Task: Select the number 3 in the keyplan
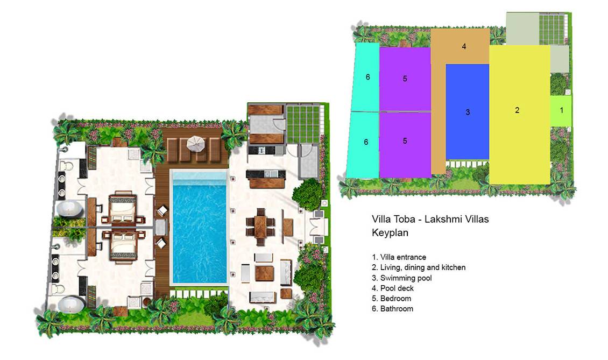468,112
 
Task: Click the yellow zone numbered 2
520,115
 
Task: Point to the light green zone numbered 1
561,110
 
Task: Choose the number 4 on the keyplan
464,47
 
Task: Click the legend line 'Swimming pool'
402,278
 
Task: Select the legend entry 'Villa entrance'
399,257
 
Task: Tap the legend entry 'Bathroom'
392,309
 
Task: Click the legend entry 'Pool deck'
393,288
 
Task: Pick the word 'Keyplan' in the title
390,233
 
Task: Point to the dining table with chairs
260,227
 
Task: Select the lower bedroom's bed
123,245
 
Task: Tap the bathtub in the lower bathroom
70,303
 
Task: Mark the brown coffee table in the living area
264,273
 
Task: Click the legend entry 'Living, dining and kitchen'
419,267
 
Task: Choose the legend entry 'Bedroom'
391,298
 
